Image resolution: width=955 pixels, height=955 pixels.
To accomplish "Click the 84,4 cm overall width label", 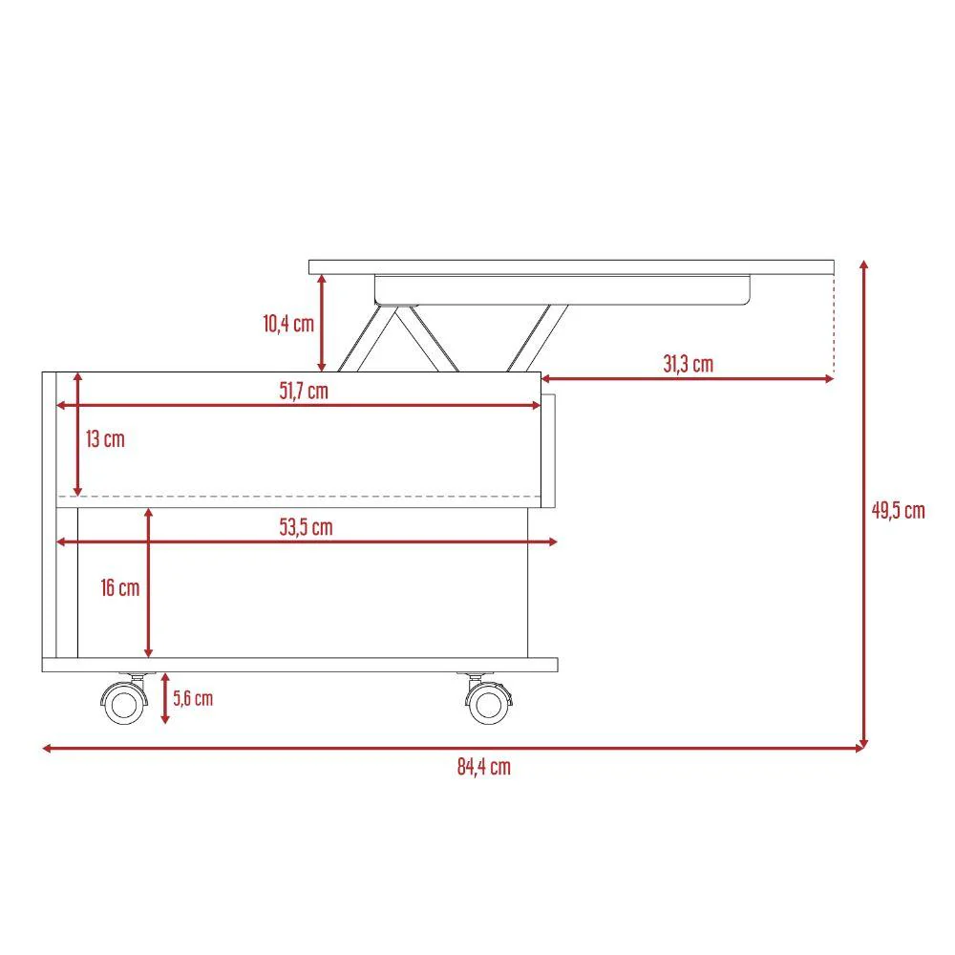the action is coord(483,767).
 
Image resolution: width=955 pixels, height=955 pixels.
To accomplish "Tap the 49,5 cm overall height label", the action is coord(899,510).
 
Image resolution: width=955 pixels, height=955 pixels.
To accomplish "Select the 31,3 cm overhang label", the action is coord(689,364).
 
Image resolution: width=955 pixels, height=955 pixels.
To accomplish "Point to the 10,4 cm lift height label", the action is coord(288,324).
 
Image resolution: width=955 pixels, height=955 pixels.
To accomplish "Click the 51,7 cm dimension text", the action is coord(304,391).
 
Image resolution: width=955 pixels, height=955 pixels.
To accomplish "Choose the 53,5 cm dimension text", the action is coord(307,527).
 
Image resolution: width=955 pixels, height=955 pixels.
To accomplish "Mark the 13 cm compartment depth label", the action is coord(105,439).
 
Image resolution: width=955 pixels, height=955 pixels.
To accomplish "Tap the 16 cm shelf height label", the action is coord(120,587).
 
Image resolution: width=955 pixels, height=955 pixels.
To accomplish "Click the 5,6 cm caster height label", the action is coord(193,699).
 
